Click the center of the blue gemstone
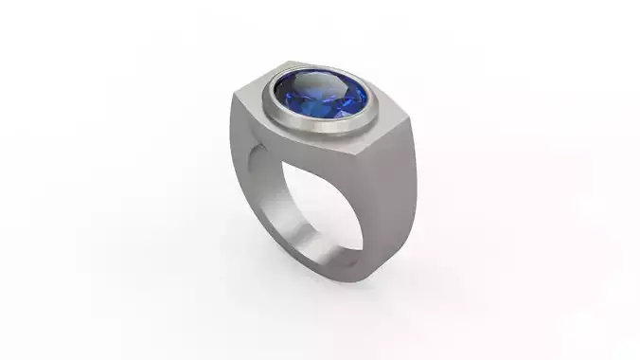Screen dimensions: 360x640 coord(322,97)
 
